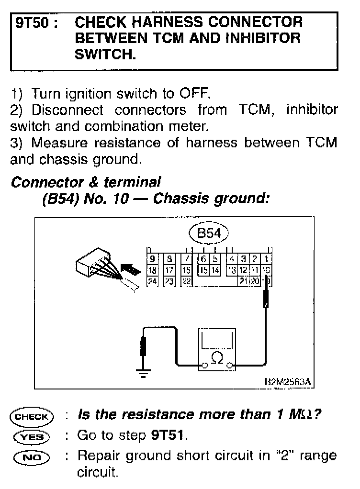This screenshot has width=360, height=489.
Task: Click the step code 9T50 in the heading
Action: [34, 22]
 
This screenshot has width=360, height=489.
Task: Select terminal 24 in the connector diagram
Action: [152, 281]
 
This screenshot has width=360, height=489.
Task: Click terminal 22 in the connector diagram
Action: [186, 281]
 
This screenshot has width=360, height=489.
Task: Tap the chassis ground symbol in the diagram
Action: [142, 374]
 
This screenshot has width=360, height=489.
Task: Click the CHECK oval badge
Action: [32, 416]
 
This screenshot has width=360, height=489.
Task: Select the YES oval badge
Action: [32, 436]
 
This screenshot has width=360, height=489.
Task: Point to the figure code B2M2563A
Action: [287, 381]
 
